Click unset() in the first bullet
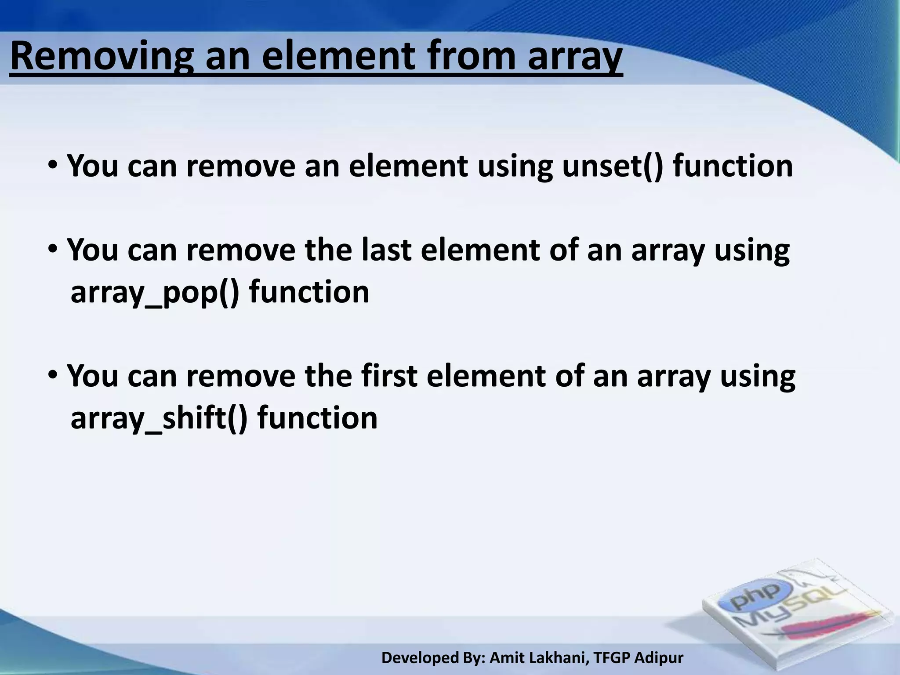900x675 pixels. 612,166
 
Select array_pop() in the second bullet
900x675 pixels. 155,293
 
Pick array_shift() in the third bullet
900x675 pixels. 159,418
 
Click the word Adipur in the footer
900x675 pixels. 659,658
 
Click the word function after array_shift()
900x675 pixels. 317,417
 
